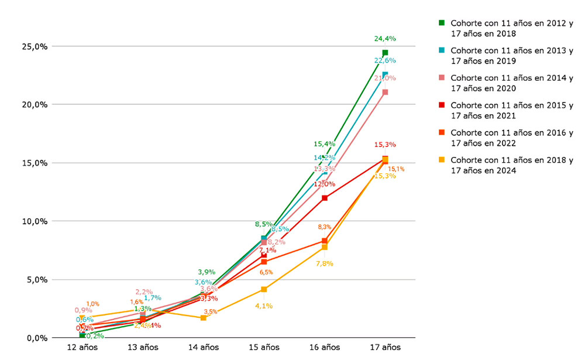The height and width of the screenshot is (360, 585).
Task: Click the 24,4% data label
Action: (385, 39)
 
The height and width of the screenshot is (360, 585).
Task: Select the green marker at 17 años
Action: (385, 53)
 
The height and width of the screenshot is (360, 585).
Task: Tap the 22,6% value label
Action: (385, 60)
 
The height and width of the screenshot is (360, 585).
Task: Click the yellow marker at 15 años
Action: (264, 289)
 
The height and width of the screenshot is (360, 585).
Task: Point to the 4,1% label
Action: (264, 306)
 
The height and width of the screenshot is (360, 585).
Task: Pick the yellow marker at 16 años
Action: (324, 247)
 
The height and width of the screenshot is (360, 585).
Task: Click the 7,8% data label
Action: (324, 263)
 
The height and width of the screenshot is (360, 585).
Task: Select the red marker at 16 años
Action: (324, 198)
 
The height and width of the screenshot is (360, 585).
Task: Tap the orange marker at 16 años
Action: (324, 241)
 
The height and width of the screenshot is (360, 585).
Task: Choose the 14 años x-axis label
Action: (204, 347)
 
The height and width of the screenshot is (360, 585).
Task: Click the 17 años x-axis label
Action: (385, 347)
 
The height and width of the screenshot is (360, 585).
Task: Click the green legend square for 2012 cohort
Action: (442, 23)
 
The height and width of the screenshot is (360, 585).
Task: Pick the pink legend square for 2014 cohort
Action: (442, 78)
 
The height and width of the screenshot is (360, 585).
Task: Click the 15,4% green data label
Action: (324, 143)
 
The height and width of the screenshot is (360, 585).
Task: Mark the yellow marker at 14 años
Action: (203, 318)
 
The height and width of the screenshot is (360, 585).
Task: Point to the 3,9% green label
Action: (207, 272)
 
